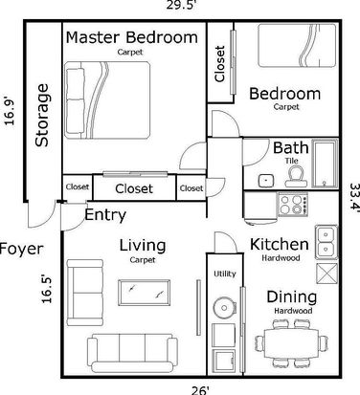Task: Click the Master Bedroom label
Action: [131, 37]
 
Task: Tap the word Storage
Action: [42, 115]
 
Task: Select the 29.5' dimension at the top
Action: [180, 5]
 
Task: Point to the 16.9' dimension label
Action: [10, 111]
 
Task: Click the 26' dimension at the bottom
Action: [200, 390]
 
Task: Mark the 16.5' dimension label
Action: [46, 290]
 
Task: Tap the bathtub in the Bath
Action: [325, 164]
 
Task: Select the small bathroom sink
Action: [265, 181]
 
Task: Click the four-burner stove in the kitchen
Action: [293, 205]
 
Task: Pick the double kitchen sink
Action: [326, 241]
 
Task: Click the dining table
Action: [292, 343]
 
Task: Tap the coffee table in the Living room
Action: [144, 293]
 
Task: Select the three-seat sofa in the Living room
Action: [132, 353]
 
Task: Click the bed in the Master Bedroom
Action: [107, 100]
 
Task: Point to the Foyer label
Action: [21, 249]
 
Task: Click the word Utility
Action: [225, 274]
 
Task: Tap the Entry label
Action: [105, 215]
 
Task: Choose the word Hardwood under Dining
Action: [293, 311]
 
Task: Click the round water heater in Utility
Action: [224, 308]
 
